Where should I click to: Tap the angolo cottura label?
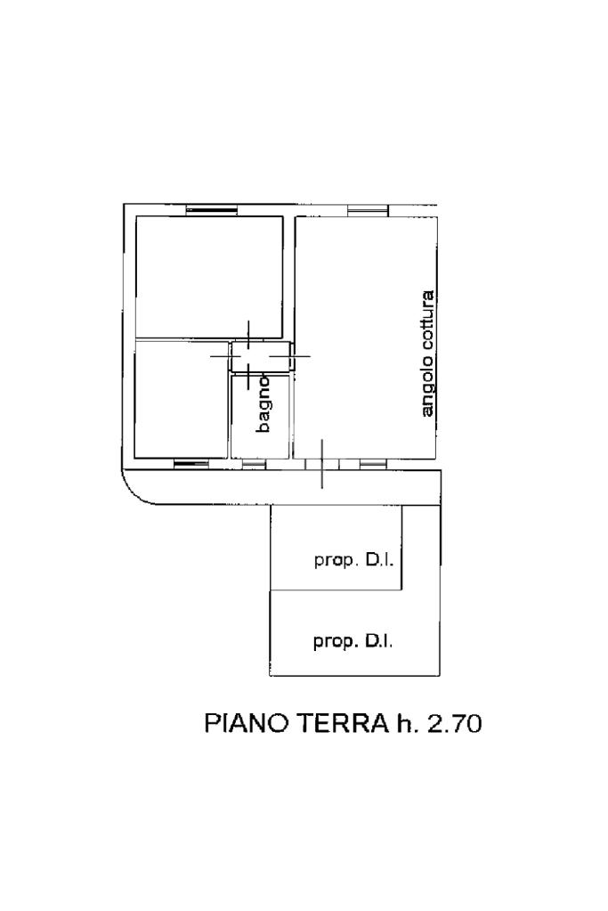click(428, 354)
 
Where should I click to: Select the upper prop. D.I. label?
click(354, 561)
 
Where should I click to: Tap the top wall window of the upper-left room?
click(204, 210)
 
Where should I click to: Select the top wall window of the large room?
click(367, 210)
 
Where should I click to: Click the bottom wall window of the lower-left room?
click(191, 463)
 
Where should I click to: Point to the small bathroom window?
click(253, 463)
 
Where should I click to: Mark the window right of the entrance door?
click(372, 463)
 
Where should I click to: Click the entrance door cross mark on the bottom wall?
click(321, 464)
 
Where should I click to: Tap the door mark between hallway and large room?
click(296, 355)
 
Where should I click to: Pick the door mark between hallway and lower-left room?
click(225, 355)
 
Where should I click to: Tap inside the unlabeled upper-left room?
click(209, 277)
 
